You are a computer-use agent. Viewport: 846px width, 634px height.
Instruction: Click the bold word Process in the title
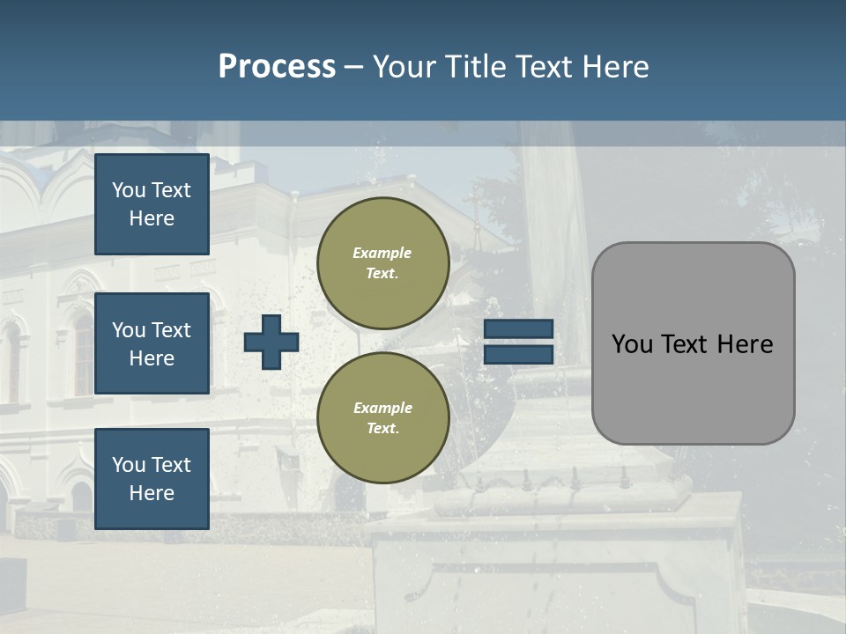[277, 67]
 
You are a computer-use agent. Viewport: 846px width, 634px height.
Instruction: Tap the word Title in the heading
[476, 67]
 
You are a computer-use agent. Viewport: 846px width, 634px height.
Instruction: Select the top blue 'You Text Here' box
[152, 204]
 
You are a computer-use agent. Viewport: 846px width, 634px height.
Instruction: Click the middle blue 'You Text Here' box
[152, 343]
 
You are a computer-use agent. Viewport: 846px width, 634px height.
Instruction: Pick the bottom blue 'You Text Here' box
[152, 478]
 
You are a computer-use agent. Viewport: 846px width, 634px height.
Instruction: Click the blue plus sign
[271, 342]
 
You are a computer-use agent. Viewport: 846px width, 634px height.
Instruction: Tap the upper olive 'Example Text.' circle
[382, 263]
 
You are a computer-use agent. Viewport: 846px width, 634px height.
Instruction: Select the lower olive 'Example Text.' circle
[382, 418]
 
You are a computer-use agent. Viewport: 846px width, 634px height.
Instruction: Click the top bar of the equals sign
[518, 329]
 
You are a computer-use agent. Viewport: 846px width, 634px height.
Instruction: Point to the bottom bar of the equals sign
[518, 354]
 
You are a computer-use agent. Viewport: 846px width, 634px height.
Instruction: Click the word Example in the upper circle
[382, 254]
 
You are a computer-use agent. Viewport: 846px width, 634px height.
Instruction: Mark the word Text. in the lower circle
[382, 429]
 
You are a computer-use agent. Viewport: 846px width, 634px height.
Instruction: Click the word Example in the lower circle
[382, 409]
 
